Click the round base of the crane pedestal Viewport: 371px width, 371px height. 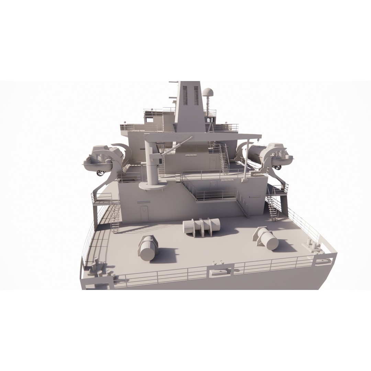tap(153, 186)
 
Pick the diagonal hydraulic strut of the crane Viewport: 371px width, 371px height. tap(175, 146)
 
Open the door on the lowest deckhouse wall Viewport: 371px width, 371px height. tap(144, 213)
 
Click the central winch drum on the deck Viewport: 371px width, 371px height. tap(202, 227)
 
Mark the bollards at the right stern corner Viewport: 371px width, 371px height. tap(312, 245)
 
